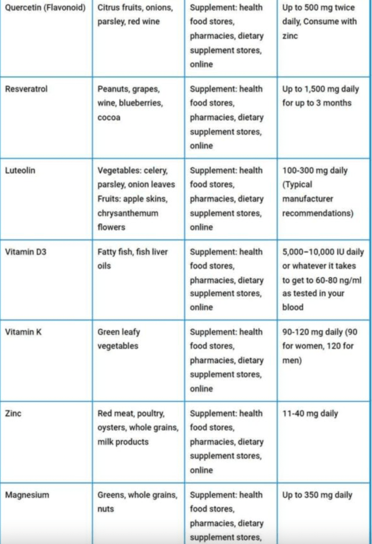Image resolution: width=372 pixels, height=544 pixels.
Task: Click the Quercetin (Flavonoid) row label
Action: [45, 8]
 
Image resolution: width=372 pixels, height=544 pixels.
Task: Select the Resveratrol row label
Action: [26, 89]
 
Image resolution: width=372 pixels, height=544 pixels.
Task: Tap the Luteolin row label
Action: [20, 170]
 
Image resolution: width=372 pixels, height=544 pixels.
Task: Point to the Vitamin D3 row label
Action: [26, 252]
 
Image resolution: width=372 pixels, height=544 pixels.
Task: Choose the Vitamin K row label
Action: [23, 332]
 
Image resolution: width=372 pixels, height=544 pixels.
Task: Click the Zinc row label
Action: [13, 413]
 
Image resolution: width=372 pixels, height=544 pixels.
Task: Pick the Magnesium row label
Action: [27, 495]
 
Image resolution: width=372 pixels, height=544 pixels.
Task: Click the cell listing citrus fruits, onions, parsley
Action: [135, 15]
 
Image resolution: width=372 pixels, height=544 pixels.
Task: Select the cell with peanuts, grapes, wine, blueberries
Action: [131, 103]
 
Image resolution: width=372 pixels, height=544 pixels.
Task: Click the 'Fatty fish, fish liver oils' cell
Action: [132, 258]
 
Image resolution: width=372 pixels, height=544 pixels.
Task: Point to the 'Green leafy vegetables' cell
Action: [119, 339]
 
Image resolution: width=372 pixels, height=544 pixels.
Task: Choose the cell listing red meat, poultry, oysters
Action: [137, 427]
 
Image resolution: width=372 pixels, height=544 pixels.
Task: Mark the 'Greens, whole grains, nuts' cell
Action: [137, 501]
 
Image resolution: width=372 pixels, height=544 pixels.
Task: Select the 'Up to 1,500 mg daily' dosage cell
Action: [320, 96]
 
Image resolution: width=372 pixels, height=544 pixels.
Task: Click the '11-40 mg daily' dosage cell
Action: [310, 413]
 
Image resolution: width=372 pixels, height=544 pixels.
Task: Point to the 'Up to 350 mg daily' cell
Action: [317, 495]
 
